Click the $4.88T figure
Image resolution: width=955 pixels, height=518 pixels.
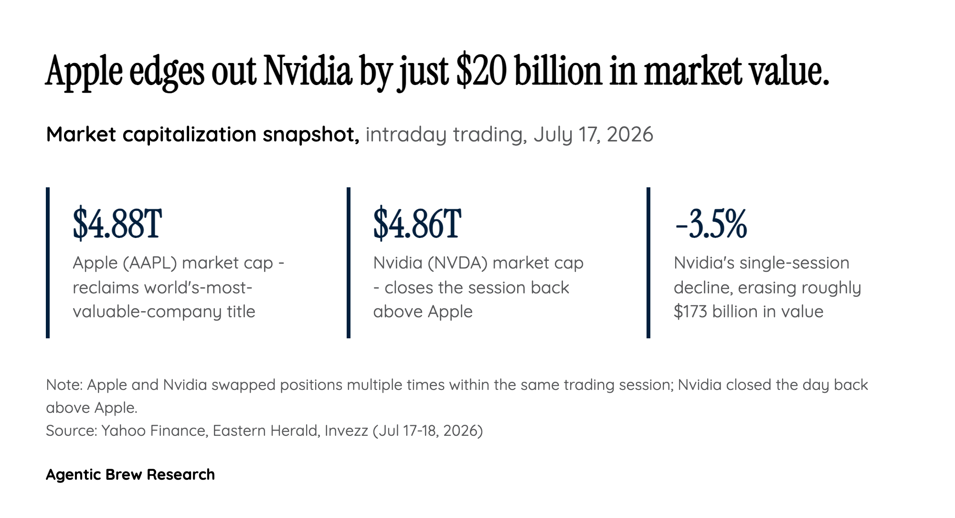point(117,224)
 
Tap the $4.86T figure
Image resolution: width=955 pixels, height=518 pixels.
point(417,224)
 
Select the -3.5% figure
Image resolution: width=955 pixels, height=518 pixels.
point(711,224)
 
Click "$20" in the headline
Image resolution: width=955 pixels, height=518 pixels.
point(481,71)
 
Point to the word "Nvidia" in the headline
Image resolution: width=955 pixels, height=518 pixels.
point(308,71)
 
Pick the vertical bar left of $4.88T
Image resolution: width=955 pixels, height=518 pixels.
point(48,263)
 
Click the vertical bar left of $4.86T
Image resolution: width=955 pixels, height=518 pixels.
point(349,263)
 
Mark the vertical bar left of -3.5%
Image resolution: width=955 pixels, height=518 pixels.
point(648,263)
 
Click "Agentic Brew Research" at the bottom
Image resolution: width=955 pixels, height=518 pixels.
point(130,475)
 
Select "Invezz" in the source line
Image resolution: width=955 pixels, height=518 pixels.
point(346,431)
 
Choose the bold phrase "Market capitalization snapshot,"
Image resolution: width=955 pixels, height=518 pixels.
point(203,135)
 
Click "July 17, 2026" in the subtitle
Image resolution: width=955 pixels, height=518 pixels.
point(593,135)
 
